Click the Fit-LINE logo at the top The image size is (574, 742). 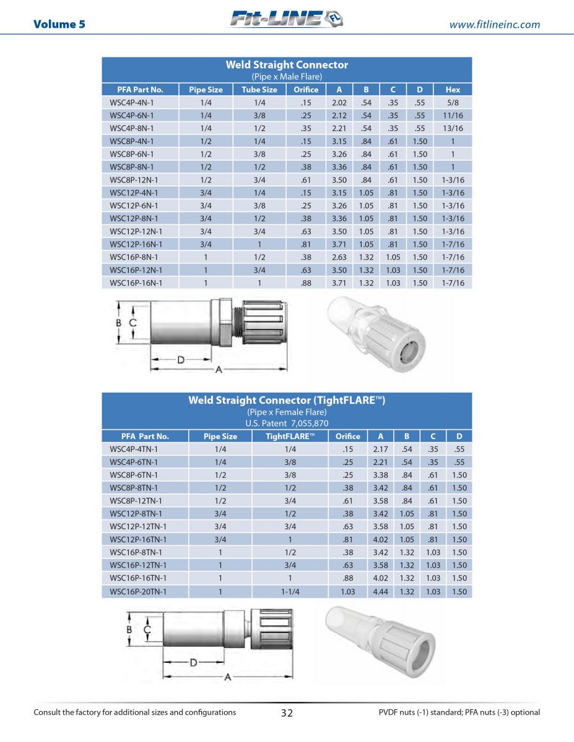tap(286, 20)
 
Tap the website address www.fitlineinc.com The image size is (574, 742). tap(494, 25)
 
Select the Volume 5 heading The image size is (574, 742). tap(59, 25)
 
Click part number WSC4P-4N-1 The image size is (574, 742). tap(132, 103)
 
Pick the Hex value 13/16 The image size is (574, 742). tap(453, 129)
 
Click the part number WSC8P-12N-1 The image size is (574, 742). tap(134, 180)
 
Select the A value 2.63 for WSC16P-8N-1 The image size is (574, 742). tap(339, 257)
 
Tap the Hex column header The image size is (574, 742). tap(453, 90)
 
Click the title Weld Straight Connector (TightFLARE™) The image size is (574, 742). tap(287, 401)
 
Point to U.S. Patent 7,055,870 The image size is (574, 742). tap(287, 424)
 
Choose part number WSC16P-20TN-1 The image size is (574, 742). tap(138, 592)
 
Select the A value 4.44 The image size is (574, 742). tap(380, 592)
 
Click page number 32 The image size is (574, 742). tap(287, 713)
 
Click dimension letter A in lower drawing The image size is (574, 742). tap(228, 677)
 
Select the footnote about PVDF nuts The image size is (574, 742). tap(459, 712)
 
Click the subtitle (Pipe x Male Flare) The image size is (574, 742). tap(287, 77)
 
